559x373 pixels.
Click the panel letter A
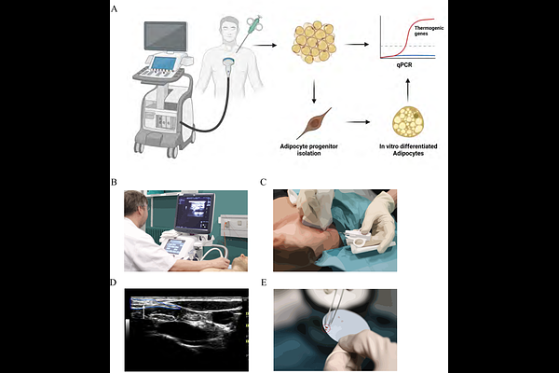click(114, 8)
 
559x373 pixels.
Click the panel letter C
click(264, 182)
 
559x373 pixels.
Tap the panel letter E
click(264, 283)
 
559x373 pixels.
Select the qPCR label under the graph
click(404, 65)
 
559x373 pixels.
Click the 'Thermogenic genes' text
click(429, 31)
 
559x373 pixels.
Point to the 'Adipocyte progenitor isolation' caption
click(308, 149)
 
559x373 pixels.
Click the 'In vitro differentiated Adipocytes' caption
click(408, 149)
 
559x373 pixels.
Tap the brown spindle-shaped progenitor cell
click(314, 123)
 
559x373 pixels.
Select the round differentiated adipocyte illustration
click(408, 122)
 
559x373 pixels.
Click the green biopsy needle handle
click(253, 24)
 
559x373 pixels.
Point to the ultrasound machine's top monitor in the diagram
click(166, 36)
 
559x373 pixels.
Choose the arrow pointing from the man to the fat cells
click(265, 45)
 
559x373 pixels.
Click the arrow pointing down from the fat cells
click(314, 91)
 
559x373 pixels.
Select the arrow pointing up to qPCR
click(408, 90)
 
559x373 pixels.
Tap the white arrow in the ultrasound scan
click(143, 311)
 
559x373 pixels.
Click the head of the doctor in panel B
click(136, 204)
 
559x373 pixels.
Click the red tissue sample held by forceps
click(327, 326)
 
